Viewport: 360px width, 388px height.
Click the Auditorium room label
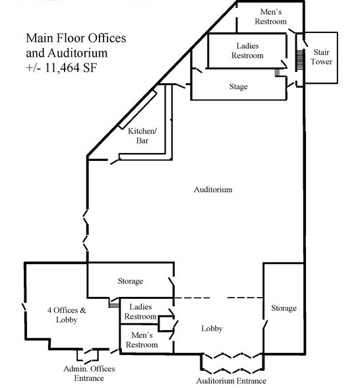coord(213,190)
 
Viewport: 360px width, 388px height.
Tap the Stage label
coord(239,87)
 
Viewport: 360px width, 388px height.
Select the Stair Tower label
coord(322,57)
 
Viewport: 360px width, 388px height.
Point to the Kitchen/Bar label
coord(142,136)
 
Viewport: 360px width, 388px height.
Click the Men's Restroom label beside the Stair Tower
coord(271,16)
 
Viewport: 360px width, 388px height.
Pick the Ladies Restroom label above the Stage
coord(247,50)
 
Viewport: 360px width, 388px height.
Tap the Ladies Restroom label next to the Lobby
coord(140,311)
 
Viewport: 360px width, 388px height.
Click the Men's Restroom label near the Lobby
coord(142,340)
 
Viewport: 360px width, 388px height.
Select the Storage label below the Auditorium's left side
coord(131,281)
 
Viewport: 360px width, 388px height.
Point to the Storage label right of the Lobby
coord(284,308)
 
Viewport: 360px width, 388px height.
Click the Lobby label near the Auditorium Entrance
coord(212,329)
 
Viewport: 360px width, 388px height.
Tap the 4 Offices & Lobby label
coord(67,315)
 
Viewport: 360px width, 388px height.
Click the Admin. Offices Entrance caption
coord(89,373)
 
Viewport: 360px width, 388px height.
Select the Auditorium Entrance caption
coord(231,381)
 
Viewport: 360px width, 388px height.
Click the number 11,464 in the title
coord(63,68)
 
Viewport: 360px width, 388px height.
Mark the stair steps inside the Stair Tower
coord(299,60)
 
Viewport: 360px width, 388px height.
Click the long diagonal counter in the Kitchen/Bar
coord(137,110)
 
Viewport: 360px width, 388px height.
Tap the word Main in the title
coord(40,38)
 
